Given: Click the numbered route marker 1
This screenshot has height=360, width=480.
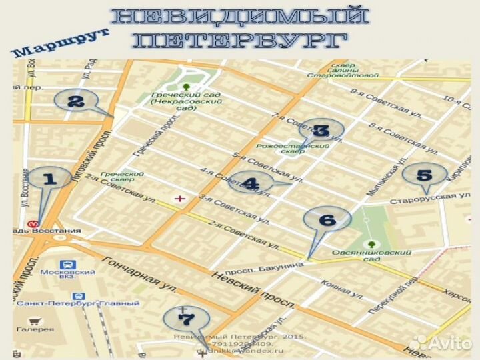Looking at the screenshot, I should pos(49,179).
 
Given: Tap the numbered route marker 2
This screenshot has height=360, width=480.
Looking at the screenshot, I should pos(75,101).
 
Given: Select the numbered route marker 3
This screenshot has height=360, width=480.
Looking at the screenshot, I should pos(321,131).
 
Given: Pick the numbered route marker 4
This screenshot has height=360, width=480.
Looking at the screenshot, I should pos(250,182).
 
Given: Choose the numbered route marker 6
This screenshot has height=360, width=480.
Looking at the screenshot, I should pos(326,219).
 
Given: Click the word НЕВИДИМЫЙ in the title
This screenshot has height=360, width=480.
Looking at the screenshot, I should pos(239,17).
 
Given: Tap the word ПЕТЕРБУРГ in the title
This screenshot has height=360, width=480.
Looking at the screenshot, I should pos(240,40).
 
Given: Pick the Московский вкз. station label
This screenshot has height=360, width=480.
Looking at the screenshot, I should pos(68,276).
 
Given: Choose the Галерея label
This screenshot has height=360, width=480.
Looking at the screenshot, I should pos(37,329).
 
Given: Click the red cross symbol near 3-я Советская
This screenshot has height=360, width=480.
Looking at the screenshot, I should pos(179,199).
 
